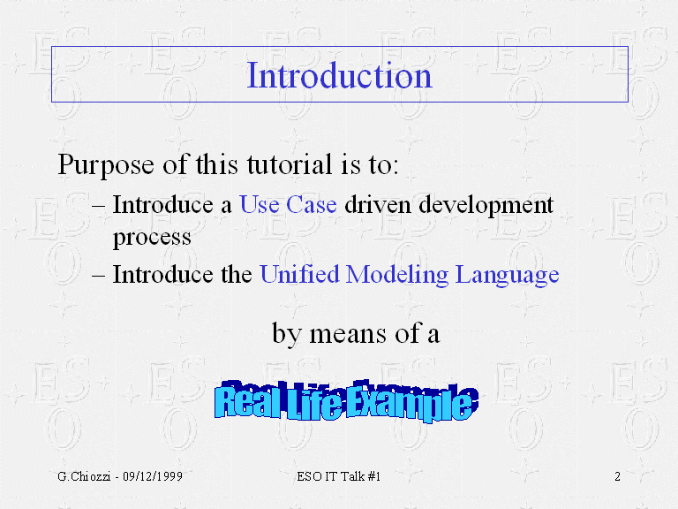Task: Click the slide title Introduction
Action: tap(339, 75)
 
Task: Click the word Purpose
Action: tap(106, 165)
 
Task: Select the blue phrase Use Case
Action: tap(288, 204)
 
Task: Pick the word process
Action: tap(152, 238)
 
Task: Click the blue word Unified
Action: tap(299, 274)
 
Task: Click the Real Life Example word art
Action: tap(346, 401)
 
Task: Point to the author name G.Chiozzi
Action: tap(84, 476)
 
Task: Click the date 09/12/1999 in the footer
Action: tap(153, 476)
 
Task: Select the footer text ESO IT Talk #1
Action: tap(339, 476)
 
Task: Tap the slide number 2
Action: tap(617, 476)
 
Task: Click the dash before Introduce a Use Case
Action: tap(99, 206)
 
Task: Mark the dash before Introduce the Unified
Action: tap(99, 276)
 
